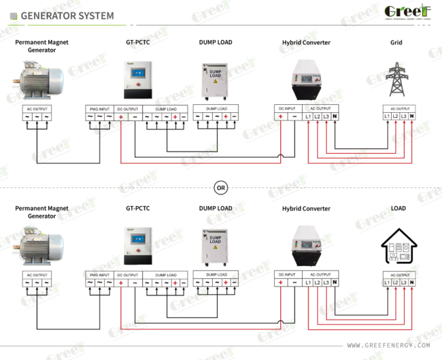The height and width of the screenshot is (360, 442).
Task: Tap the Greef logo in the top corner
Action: [407, 12]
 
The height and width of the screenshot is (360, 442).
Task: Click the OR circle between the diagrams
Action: [220, 186]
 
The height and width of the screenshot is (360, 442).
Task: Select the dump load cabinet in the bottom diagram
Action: [216, 246]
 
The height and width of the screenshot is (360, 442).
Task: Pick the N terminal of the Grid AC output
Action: [412, 117]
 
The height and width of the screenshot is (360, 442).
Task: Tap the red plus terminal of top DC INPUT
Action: [280, 117]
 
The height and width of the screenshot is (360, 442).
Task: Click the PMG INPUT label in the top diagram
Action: [99, 108]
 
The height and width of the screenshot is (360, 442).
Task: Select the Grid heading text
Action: [396, 42]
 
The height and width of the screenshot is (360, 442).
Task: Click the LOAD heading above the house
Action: [398, 209]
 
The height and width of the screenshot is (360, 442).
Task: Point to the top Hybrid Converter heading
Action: [306, 42]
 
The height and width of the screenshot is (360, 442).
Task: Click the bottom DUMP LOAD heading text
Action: [216, 209]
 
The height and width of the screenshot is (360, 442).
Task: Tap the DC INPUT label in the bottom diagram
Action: [286, 274]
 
